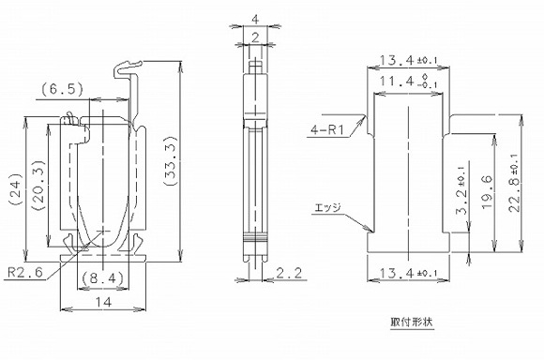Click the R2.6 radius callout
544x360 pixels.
[24, 273]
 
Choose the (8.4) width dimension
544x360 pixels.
[98, 277]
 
